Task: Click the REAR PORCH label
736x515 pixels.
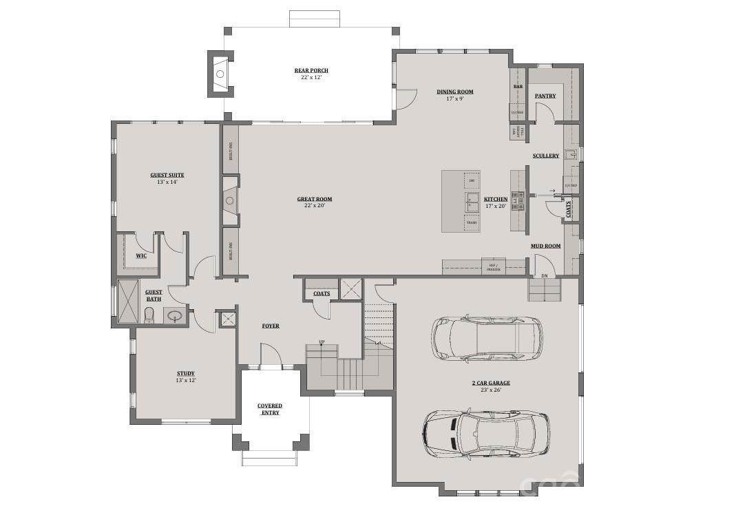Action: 311,70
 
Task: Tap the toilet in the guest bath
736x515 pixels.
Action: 149,315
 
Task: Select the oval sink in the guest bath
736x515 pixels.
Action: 175,317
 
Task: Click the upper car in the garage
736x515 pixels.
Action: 486,338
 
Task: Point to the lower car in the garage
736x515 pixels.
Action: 486,433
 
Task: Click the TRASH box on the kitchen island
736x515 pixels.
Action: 472,222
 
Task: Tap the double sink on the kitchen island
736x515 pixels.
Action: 472,201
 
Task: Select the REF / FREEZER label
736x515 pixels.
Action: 493,266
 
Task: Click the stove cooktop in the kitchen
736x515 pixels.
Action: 518,200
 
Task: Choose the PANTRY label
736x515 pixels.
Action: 545,96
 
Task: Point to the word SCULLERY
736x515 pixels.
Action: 545,156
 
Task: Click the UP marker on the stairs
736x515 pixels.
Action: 322,342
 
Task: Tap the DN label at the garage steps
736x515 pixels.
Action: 544,276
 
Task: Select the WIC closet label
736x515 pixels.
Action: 141,255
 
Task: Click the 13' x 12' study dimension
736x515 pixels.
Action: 186,380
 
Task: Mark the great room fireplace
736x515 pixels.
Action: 230,200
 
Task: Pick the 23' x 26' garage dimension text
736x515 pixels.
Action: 486,390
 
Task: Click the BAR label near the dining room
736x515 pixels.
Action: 518,86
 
